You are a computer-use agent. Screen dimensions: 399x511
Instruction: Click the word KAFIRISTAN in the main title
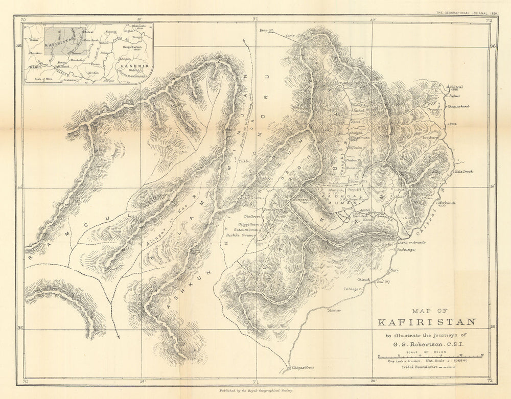(427, 322)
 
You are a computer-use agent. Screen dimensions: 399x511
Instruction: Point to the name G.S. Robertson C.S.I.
(427, 343)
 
